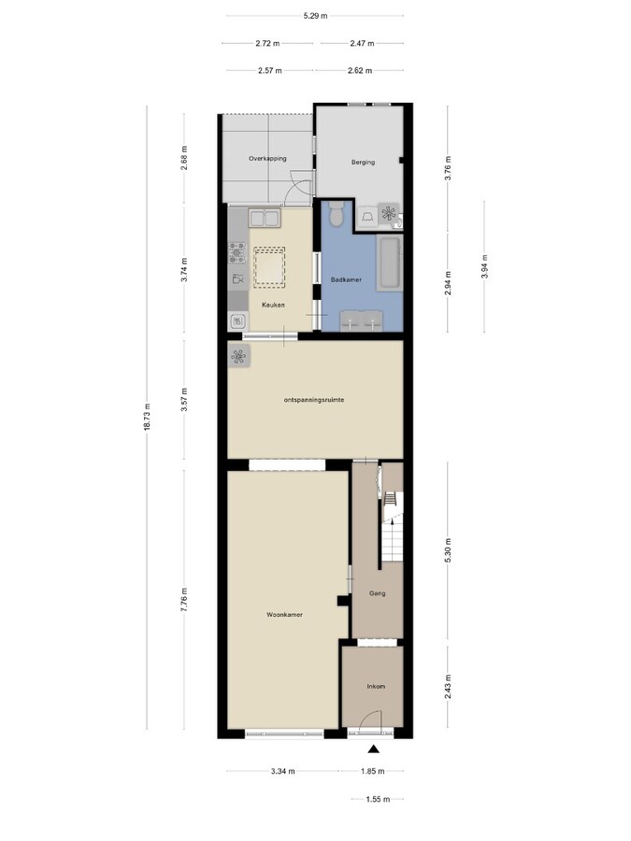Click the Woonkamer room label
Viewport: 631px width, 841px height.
pyautogui.click(x=284, y=615)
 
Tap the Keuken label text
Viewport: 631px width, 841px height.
pyautogui.click(x=273, y=306)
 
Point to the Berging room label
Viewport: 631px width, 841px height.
pyautogui.click(x=363, y=163)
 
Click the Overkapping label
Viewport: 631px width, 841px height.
pyautogui.click(x=266, y=159)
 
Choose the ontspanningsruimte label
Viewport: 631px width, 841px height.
pyautogui.click(x=315, y=399)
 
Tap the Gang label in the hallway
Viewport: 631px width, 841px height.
pyautogui.click(x=378, y=592)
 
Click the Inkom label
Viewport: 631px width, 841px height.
pyautogui.click(x=375, y=686)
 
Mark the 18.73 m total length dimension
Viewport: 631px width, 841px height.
pyautogui.click(x=147, y=422)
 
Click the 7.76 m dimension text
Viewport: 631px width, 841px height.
pyautogui.click(x=184, y=598)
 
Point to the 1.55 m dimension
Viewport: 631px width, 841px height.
pyautogui.click(x=377, y=799)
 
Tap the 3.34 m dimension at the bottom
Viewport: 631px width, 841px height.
pyautogui.click(x=282, y=771)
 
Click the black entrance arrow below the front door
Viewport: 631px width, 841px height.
pyautogui.click(x=374, y=748)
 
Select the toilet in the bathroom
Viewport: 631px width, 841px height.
pyautogui.click(x=337, y=216)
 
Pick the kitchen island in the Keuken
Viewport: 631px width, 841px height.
pyautogui.click(x=270, y=266)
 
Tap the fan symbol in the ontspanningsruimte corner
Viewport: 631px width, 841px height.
pyautogui.click(x=238, y=356)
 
